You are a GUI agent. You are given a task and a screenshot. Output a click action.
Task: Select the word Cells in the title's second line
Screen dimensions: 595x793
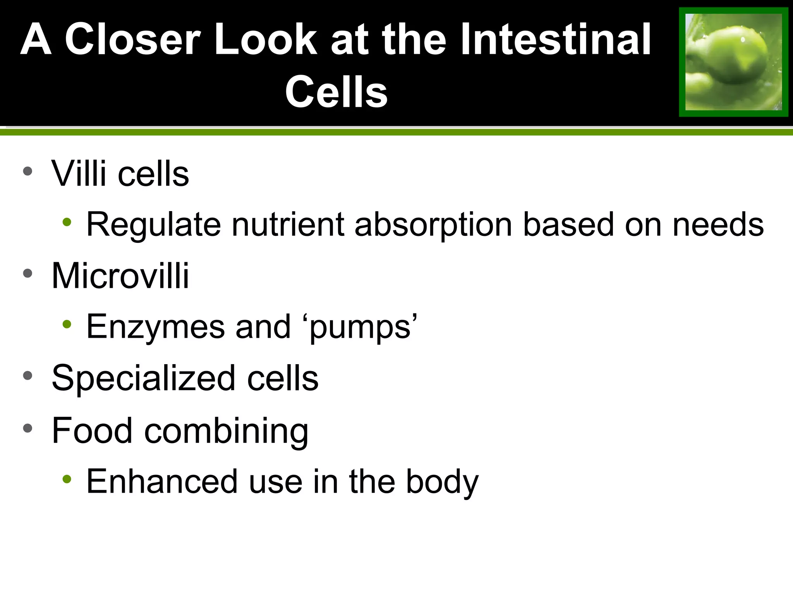pyautogui.click(x=336, y=92)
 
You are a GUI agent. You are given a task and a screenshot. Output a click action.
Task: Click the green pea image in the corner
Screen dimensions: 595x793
pyautogui.click(x=733, y=62)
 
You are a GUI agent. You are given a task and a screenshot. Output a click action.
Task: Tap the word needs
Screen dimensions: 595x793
pyautogui.click(x=718, y=225)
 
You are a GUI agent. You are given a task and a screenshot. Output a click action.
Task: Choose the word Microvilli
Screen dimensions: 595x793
pyautogui.click(x=120, y=276)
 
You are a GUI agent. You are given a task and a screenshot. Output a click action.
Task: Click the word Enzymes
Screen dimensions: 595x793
pyautogui.click(x=155, y=327)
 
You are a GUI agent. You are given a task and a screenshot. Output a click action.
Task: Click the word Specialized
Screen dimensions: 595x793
pyautogui.click(x=144, y=378)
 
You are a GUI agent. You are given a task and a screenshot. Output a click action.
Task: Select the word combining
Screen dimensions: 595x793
pyautogui.click(x=227, y=431)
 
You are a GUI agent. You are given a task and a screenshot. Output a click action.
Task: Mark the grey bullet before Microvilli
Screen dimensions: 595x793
pyautogui.click(x=27, y=274)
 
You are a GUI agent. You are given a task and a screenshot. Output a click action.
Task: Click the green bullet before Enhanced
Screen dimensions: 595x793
pyautogui.click(x=67, y=479)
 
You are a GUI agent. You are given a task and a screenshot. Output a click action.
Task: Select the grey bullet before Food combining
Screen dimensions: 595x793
pyautogui.click(x=27, y=428)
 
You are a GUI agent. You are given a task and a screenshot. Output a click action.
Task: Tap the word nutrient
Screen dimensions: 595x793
pyautogui.click(x=288, y=225)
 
